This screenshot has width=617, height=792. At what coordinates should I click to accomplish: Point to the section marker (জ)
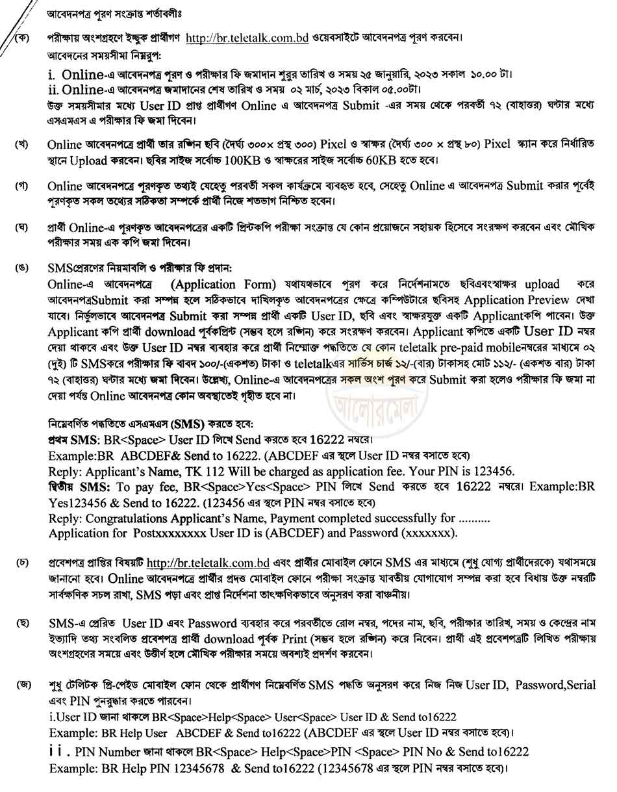(x=25, y=685)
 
